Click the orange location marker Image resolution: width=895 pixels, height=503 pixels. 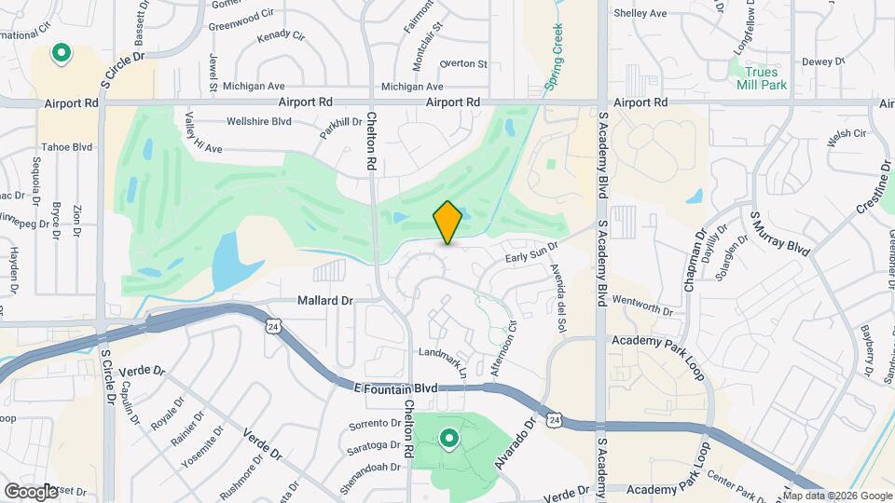tap(447, 222)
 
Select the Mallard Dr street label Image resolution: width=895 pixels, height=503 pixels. tap(325, 301)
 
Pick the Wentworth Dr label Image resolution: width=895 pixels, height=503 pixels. tap(641, 309)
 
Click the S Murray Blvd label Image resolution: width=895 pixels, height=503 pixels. tap(779, 233)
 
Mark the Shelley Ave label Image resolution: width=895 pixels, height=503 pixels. tap(640, 13)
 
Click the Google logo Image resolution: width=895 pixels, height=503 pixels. tap(30, 491)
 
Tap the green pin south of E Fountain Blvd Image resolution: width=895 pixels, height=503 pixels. tap(449, 438)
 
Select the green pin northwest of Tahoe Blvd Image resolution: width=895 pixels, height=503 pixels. tap(62, 53)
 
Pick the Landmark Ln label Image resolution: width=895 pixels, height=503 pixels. tap(443, 358)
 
